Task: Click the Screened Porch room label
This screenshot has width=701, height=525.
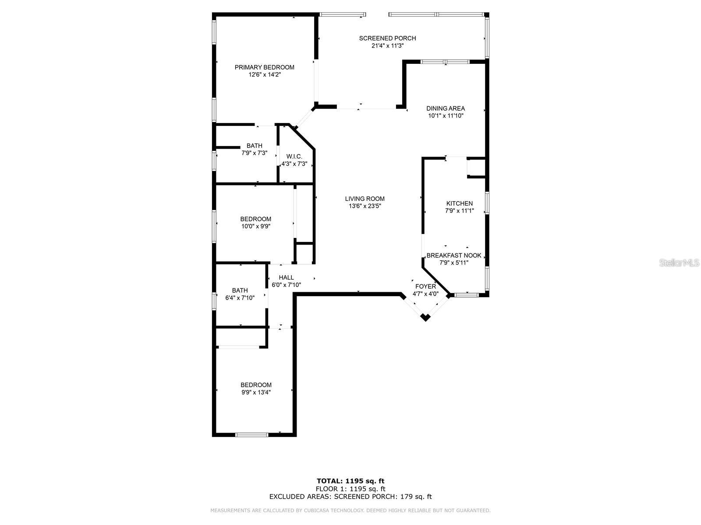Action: [387, 38]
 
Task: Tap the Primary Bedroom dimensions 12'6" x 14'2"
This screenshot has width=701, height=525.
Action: [264, 75]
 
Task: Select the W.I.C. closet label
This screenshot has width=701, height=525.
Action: [294, 157]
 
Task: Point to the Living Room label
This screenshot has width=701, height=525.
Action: [365, 199]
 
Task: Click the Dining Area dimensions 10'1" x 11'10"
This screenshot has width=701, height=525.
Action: [446, 116]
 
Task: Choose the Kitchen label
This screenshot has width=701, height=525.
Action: [459, 203]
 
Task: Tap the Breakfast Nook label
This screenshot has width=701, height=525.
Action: [454, 255]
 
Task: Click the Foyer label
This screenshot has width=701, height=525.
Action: [425, 287]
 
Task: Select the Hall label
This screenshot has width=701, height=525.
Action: [286, 277]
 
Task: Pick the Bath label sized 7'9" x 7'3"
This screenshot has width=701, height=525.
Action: [254, 146]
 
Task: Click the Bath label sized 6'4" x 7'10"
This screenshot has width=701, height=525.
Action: [240, 290]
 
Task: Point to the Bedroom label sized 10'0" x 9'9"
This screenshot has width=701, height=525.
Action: [255, 219]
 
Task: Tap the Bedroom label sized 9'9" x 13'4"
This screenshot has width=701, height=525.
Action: [256, 385]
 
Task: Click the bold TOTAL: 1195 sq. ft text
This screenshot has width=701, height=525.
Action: [350, 481]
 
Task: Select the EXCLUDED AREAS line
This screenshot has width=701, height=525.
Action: [350, 497]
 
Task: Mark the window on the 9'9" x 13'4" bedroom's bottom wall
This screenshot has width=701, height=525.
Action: [251, 435]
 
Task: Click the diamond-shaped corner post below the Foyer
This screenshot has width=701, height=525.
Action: [425, 317]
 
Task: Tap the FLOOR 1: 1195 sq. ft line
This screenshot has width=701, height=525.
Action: [350, 489]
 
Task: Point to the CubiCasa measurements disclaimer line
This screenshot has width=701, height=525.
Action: [350, 511]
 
